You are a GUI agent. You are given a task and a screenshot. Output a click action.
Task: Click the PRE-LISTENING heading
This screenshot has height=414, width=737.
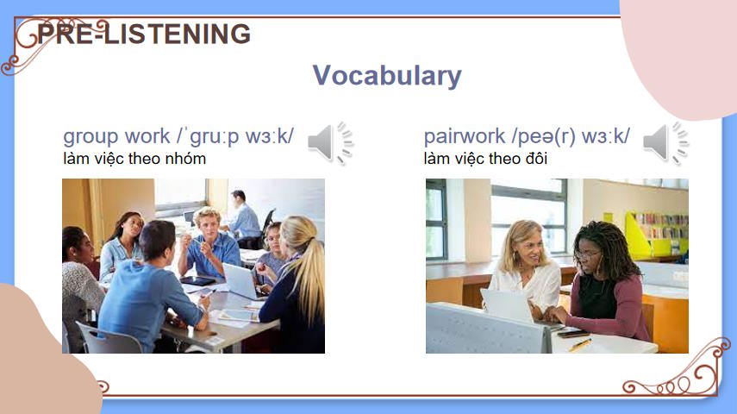click(x=144, y=34)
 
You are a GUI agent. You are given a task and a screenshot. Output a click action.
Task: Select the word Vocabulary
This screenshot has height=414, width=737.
click(x=387, y=75)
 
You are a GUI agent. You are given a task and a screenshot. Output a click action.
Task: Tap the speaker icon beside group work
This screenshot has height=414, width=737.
click(x=330, y=143)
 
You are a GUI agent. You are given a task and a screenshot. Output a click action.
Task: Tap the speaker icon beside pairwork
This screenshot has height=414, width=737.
click(x=665, y=143)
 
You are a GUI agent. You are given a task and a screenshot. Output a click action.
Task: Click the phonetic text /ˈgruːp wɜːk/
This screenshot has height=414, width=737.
click(x=235, y=136)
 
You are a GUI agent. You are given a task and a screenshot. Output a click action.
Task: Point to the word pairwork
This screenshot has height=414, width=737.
click(x=465, y=136)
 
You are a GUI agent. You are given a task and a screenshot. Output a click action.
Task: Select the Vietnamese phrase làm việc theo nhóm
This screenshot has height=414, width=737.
click(x=134, y=159)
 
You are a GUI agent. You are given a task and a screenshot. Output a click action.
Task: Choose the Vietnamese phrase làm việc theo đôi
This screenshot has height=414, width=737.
click(x=485, y=159)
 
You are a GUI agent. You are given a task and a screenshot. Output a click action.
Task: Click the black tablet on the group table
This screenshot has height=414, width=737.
click(x=197, y=281)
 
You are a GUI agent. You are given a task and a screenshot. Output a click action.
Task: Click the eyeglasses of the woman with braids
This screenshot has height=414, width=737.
click(x=586, y=255)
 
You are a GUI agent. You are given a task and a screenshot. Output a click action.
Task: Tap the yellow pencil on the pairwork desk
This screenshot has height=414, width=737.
click(x=580, y=345)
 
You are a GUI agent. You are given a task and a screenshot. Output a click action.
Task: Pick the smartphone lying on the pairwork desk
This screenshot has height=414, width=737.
click(x=572, y=334)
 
